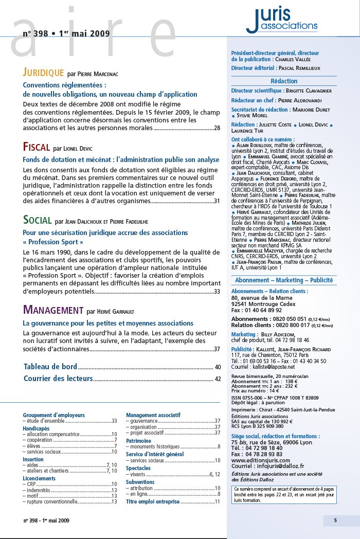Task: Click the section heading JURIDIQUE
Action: pyautogui.click(x=43, y=73)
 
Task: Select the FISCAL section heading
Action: pyautogui.click(x=36, y=148)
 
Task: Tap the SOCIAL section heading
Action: pyautogui.click(x=37, y=220)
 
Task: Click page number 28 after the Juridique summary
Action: pyautogui.click(x=217, y=128)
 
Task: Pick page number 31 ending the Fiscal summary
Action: pyautogui.click(x=217, y=201)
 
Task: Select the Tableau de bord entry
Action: pyautogui.click(x=50, y=367)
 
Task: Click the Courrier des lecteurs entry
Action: pyautogui.click(x=58, y=379)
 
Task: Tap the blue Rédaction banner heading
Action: pyautogui.click(x=284, y=81)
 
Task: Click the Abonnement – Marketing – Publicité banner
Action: pyautogui.click(x=284, y=280)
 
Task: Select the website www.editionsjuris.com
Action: pyautogui.click(x=261, y=460)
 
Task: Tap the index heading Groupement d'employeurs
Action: pyautogui.click(x=53, y=415)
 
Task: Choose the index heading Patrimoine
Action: pyautogui.click(x=138, y=441)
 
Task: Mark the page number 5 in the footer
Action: pyautogui.click(x=335, y=520)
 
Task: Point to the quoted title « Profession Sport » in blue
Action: pyautogui.click(x=53, y=242)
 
